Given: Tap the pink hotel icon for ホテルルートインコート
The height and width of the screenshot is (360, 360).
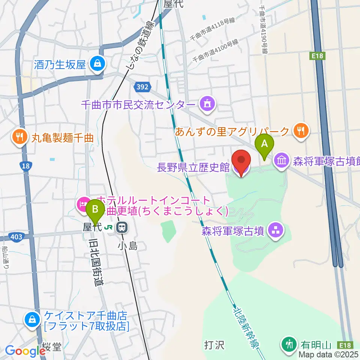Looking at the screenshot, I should click(82, 204).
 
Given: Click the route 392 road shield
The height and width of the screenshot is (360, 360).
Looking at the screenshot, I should click(142, 87).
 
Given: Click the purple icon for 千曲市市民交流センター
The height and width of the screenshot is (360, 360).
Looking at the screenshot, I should click(207, 103).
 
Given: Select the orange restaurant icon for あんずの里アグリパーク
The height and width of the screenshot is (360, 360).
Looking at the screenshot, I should click(301, 131).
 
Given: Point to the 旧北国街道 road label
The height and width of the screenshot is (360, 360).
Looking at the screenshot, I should click(97, 262).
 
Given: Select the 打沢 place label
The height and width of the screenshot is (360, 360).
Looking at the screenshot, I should click(215, 344).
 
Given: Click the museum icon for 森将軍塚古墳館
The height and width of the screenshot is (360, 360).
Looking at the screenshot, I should click(281, 162).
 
